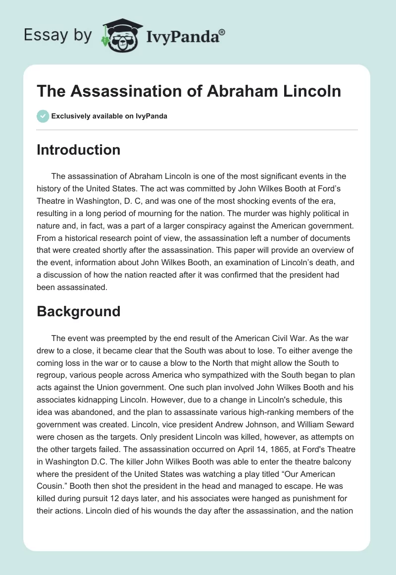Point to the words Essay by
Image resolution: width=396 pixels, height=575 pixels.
57,35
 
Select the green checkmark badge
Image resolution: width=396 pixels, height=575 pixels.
43,116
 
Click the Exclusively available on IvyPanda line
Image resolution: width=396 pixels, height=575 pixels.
109,116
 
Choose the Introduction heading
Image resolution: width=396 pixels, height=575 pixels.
78,150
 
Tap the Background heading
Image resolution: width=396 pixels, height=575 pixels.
78,311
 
